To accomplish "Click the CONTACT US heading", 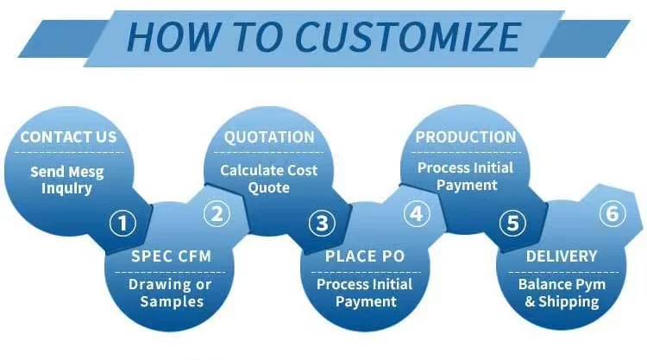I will [68, 137].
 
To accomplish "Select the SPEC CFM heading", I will [171, 256].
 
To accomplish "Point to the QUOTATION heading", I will [269, 137].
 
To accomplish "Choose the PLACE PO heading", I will [365, 256].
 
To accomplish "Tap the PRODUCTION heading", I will [466, 137].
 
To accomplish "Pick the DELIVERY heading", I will [561, 256].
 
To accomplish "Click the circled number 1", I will [122, 224].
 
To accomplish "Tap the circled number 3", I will [322, 224].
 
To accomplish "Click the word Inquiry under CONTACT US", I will [67, 187].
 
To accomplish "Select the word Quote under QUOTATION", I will [269, 187].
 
